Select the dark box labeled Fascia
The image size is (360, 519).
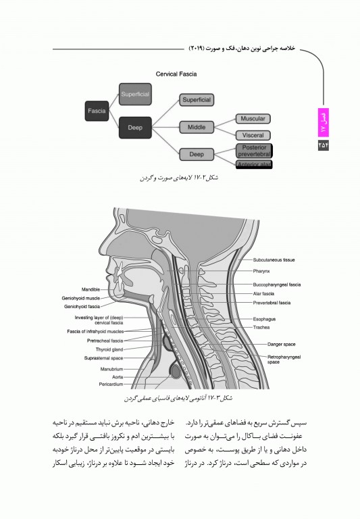97,109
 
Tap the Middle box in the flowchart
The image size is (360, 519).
196,127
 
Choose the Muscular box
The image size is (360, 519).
253,119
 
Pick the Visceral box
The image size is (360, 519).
253,135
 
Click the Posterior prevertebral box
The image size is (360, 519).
253,151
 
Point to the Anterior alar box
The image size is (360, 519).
253,165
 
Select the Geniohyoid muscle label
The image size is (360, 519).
81,298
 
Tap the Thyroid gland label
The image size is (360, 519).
109,349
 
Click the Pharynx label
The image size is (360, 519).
261,271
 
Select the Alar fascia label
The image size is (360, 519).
263,294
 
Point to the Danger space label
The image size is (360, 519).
281,344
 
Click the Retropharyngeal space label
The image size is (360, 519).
284,358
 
